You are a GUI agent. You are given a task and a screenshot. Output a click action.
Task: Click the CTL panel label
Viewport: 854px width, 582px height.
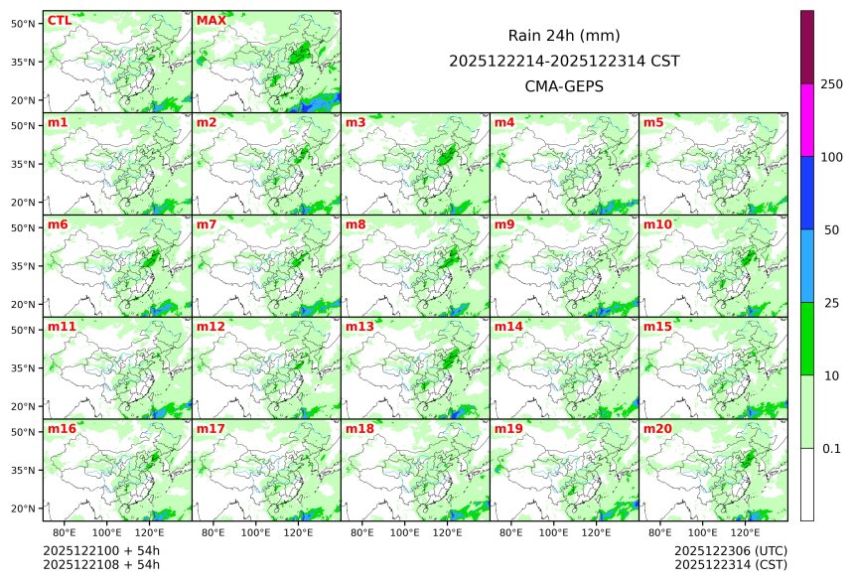60,21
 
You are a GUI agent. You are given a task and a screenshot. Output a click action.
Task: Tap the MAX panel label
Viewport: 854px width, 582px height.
212,21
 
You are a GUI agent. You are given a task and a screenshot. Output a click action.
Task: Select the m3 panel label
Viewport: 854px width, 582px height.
356,123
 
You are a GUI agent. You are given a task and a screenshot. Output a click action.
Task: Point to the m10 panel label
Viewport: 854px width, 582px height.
657,224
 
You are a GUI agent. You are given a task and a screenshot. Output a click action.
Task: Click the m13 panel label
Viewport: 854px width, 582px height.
359,327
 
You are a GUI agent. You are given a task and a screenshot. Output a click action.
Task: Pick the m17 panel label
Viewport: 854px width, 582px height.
211,429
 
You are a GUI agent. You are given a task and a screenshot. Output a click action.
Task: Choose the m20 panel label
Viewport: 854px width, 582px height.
657,429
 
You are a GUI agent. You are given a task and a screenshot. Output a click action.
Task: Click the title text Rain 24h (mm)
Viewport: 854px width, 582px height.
564,36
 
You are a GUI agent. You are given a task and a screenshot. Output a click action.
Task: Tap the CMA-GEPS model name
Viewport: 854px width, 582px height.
564,86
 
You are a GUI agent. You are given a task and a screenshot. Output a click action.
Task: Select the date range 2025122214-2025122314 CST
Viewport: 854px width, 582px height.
564,61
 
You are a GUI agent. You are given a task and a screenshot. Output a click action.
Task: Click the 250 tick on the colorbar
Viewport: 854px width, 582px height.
832,84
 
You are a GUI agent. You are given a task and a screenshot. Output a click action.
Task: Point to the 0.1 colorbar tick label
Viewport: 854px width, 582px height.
832,449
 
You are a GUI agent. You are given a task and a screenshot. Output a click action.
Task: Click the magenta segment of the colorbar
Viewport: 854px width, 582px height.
807,119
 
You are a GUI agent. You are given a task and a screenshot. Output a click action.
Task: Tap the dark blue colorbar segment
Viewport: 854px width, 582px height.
807,193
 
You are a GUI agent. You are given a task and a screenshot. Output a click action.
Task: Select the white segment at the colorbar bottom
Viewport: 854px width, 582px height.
807,485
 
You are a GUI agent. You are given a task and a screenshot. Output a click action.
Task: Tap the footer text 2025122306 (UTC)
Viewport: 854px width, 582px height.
730,550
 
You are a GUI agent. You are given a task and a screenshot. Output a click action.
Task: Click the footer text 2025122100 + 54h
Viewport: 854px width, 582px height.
101,550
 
